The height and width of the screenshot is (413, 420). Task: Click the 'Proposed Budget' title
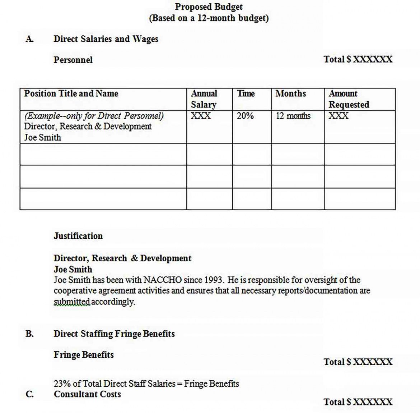[209, 7]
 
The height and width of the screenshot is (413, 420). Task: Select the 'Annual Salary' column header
[204, 99]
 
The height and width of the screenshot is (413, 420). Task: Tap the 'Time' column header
[246, 93]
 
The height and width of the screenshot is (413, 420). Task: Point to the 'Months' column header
[290, 93]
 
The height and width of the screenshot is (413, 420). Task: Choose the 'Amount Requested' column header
[349, 99]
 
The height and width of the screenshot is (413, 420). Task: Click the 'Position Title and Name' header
[71, 93]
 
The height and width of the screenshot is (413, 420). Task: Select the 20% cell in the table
[245, 116]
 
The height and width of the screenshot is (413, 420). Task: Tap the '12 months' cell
[293, 116]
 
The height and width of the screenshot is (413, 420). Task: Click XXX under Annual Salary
[201, 116]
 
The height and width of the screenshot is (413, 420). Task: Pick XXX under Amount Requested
[339, 116]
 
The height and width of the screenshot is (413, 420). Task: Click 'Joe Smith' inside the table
[42, 137]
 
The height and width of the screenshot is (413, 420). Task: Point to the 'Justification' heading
[78, 236]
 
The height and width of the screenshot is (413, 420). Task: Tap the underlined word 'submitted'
[72, 302]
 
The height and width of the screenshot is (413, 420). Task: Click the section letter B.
[29, 334]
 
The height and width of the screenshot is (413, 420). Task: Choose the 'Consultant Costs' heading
[87, 394]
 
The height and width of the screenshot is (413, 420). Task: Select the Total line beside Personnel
[358, 59]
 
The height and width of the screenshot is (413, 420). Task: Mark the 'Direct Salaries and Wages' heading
[106, 39]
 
